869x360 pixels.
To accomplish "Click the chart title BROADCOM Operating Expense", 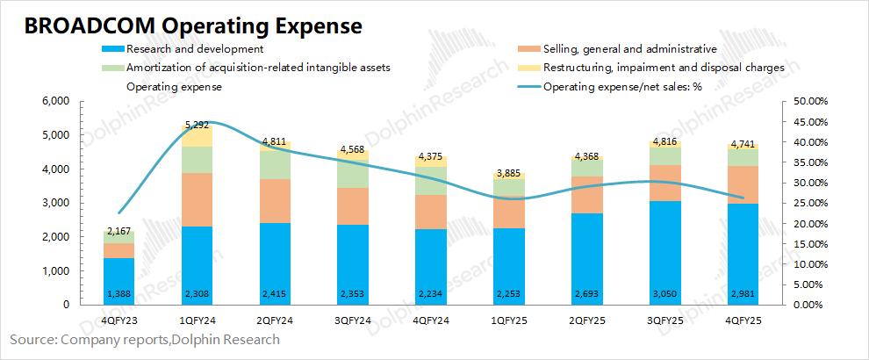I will click(194, 25).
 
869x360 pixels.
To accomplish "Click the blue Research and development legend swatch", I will click(112, 49).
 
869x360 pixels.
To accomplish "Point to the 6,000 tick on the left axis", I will click(55, 101).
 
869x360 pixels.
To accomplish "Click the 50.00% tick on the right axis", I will click(808, 101).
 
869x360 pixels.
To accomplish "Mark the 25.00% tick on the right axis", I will click(808, 203).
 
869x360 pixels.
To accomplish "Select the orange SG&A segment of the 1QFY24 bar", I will click(197, 199).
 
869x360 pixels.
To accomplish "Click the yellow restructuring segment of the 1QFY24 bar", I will click(197, 136).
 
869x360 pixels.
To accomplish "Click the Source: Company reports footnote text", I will click(145, 339).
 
